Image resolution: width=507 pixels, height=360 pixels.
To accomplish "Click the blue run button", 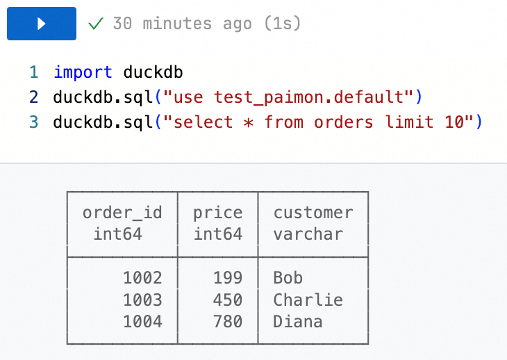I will tap(41, 24).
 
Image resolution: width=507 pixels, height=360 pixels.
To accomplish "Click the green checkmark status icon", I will tap(96, 24).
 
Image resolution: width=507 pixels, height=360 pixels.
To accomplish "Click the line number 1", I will tap(33, 72).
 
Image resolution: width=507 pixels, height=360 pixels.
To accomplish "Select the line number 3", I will tap(33, 122).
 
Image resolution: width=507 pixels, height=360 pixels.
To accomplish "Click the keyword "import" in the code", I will tap(83, 72).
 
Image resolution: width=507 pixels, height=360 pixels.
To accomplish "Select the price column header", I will tap(217, 213).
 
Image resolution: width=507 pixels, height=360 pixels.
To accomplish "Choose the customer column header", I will tap(313, 213).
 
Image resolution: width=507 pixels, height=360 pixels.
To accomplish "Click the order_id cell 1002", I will tap(142, 278).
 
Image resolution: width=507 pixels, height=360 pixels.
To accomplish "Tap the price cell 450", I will tap(228, 300).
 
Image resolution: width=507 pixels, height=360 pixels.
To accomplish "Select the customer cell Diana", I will tap(297, 322).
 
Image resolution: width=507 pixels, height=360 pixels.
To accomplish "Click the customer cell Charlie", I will tap(308, 300).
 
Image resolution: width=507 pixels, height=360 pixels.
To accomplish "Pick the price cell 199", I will tap(228, 278).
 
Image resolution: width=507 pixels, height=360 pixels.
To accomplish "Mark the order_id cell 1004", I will tap(142, 322).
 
